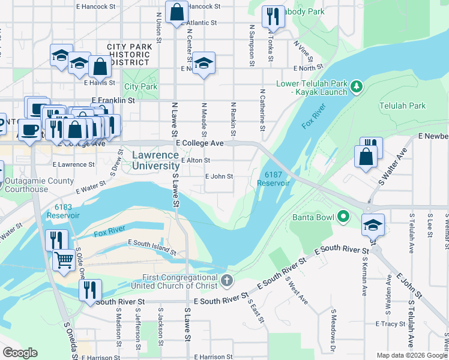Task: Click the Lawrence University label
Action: [155, 160]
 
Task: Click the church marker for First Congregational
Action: [226, 280]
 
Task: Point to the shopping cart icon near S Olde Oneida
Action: [64, 260]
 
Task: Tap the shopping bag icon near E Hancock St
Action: [177, 12]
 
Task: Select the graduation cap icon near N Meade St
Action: [203, 63]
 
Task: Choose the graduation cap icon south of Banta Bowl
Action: [373, 225]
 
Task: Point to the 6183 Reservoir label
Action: [63, 211]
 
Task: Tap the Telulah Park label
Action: [402, 106]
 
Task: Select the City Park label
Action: [140, 87]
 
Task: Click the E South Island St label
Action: [152, 247]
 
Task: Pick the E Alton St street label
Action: [195, 160]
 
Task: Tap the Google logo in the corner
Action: [20, 353]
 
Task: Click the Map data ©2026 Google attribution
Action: [412, 355]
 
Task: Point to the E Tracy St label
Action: [390, 324]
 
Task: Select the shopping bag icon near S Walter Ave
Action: [366, 157]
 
